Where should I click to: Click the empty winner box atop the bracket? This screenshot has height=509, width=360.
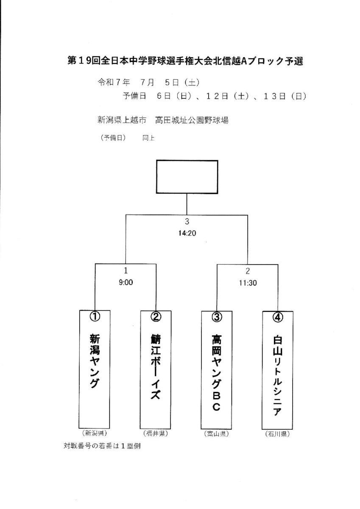tap(187, 177)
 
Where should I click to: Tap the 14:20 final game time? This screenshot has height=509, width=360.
tap(187, 233)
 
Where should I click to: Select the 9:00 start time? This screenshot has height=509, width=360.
tap(126, 282)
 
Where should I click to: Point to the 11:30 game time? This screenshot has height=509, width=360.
tap(248, 283)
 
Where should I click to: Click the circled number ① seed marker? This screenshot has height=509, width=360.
tap(95, 316)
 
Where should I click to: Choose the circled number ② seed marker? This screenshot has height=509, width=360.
tap(156, 316)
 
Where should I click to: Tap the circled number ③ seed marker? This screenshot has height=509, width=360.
tap(217, 317)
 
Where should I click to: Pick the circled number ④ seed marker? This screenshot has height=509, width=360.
tap(278, 317)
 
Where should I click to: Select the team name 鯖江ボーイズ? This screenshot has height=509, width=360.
tap(156, 366)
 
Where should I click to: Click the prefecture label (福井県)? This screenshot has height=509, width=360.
tap(156, 433)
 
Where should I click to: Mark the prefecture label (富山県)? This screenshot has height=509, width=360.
tap(216, 434)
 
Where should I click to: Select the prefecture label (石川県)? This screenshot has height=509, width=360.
tap(277, 434)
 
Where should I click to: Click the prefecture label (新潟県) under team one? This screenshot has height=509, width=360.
tap(95, 433)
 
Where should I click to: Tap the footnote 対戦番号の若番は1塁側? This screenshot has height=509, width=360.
tap(102, 446)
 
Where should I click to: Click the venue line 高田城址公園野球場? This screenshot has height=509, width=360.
tap(192, 120)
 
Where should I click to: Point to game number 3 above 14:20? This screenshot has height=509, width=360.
tap(187, 221)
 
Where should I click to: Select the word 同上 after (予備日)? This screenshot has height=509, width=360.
tap(149, 138)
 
